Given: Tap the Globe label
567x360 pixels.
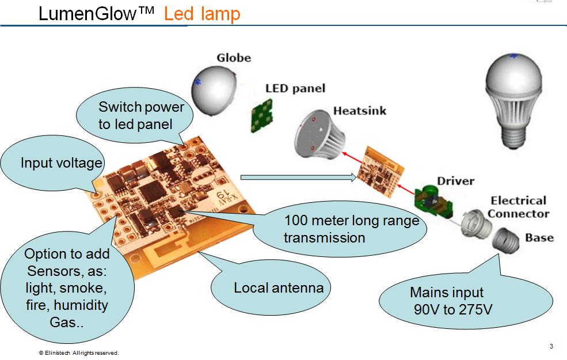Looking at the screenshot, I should [234, 58].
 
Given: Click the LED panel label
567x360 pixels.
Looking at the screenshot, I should [295, 88].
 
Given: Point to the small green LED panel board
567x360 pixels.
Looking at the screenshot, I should [262, 112].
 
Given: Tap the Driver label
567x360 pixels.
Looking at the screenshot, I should [455, 181].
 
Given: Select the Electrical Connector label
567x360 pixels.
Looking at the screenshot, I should [518, 207].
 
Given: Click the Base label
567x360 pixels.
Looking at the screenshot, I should [539, 237].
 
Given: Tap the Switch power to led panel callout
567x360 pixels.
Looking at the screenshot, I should [141, 115].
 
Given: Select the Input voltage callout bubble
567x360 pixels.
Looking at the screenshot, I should [60, 164].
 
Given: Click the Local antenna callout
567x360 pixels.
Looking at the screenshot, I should [278, 287].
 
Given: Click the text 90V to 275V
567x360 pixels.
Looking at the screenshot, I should [453, 309].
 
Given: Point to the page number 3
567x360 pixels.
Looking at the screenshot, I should [551, 347].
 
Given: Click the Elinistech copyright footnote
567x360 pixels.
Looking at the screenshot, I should [79, 353].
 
